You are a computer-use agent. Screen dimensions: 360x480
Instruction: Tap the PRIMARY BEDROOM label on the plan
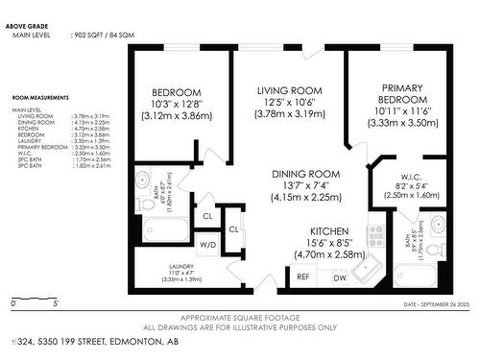pyautogui.click(x=396, y=92)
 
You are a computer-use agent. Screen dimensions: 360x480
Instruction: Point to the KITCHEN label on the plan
pyautogui.click(x=300, y=231)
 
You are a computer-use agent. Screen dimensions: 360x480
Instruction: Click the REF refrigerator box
pyautogui.click(x=302, y=276)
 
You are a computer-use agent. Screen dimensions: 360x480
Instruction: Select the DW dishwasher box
pyautogui.click(x=338, y=276)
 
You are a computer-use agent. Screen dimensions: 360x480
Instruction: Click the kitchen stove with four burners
pyautogui.click(x=375, y=236)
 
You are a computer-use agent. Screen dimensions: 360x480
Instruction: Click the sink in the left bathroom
pyautogui.click(x=142, y=178)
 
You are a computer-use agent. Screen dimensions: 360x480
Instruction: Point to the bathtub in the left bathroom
pyautogui.click(x=165, y=228)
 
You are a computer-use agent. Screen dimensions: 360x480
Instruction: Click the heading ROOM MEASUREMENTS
pyautogui.click(x=40, y=98)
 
